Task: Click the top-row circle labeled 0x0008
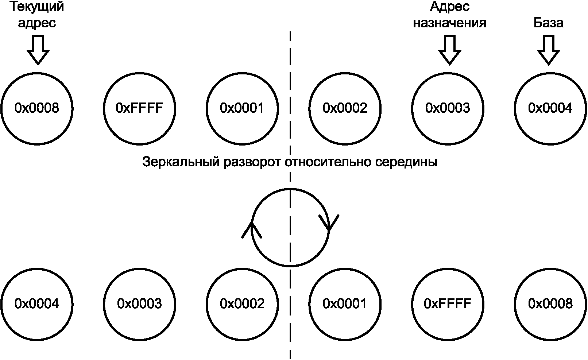tap(37, 108)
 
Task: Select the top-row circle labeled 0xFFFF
tap(139, 108)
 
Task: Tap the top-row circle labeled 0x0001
tap(242, 108)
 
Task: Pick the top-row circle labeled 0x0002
tap(345, 108)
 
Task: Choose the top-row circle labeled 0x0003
tap(448, 108)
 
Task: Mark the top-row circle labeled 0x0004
tap(550, 108)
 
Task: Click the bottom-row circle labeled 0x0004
tap(37, 303)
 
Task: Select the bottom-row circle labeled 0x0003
tap(139, 303)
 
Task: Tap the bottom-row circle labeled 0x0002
tap(242, 303)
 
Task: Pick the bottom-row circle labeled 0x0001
tap(345, 303)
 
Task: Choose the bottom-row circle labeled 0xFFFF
tap(448, 303)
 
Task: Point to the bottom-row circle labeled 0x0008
tap(550, 303)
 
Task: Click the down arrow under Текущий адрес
tap(38, 50)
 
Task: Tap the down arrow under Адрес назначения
tap(449, 50)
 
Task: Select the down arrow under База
tap(548, 50)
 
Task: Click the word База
tap(548, 23)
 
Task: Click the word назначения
tap(449, 23)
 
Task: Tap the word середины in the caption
tap(405, 162)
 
